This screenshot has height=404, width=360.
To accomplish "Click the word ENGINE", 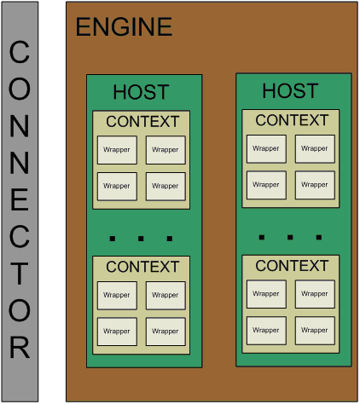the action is [x=124, y=26].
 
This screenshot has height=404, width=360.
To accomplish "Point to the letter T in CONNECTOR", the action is [x=20, y=274].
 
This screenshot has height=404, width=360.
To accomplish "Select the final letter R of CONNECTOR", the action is [x=20, y=347].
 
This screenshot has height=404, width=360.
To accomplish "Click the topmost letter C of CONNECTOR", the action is [x=20, y=51].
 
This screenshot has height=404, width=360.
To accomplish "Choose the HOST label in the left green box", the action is [x=141, y=92].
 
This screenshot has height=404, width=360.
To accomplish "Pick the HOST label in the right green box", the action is [x=290, y=91].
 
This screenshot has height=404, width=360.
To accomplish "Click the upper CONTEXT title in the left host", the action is [x=142, y=122].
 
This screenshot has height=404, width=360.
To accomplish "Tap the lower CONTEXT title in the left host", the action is [x=142, y=267].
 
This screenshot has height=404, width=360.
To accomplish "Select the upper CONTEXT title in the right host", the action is [x=292, y=120].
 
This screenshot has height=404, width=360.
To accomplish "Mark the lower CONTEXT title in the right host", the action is [x=292, y=266].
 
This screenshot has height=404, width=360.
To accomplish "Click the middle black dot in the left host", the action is [x=141, y=239].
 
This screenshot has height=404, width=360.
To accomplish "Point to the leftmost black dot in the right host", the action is [x=262, y=237].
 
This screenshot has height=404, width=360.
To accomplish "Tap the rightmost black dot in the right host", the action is [x=319, y=237].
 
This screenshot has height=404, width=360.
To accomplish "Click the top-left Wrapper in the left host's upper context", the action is [x=117, y=150].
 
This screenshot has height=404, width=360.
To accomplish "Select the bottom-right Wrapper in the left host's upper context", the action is [x=165, y=187].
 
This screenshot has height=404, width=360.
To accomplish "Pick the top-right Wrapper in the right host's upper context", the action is [x=315, y=149].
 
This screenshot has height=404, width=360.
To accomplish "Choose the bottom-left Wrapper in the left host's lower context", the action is [x=117, y=332].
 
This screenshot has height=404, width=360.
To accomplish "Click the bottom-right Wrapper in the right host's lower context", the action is [x=315, y=331].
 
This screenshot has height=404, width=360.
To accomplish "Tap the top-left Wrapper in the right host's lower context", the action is [x=266, y=294].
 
